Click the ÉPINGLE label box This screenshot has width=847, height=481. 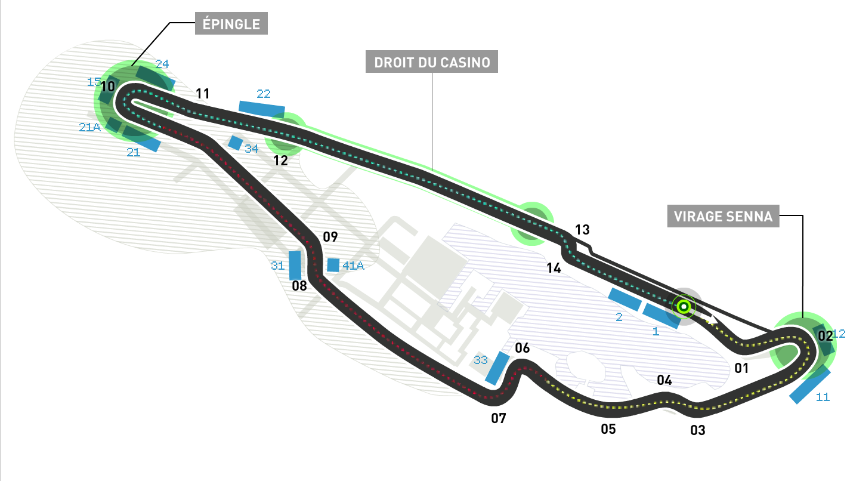[x=231, y=24]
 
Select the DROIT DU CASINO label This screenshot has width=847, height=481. [x=432, y=62]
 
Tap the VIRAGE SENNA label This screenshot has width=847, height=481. [x=723, y=216]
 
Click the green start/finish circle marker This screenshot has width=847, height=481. [x=684, y=307]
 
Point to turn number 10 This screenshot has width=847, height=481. [x=107, y=87]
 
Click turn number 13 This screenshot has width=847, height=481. [x=582, y=230]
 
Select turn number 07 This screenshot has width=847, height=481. [x=499, y=418]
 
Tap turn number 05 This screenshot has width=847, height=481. [x=608, y=428]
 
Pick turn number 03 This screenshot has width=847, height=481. [x=697, y=430]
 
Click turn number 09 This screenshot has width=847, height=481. [x=330, y=237]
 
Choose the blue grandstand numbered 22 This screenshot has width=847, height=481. [x=262, y=108]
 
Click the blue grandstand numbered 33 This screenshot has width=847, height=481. [x=497, y=368]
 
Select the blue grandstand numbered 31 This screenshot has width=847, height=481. [x=295, y=266]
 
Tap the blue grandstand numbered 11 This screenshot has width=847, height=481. [x=809, y=385]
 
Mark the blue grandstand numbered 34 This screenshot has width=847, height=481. [x=236, y=143]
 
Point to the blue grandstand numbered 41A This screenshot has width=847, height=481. [x=333, y=265]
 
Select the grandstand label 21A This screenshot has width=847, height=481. [x=89, y=127]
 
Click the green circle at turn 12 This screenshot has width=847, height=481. [x=285, y=133]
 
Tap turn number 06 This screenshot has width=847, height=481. [x=522, y=348]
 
